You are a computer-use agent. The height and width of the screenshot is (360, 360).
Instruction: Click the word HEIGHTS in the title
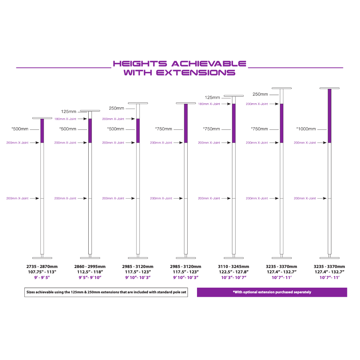click(x=140, y=64)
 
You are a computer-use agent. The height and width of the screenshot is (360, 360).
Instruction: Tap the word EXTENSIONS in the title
click(x=196, y=73)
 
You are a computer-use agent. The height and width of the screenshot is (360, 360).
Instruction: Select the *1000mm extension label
click(x=306, y=129)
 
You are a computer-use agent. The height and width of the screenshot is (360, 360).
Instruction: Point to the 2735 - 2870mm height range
click(x=42, y=267)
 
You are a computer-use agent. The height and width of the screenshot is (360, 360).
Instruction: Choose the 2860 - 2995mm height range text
click(x=90, y=267)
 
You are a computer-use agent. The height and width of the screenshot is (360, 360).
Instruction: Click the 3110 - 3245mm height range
click(x=233, y=267)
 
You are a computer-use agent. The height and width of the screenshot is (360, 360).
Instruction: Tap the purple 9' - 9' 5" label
click(x=42, y=278)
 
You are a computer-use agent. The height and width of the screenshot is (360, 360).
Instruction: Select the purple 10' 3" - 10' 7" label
click(x=234, y=278)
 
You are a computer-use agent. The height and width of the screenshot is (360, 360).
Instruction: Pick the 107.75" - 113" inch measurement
click(x=42, y=272)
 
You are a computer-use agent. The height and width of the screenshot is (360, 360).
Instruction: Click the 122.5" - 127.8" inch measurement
click(x=234, y=272)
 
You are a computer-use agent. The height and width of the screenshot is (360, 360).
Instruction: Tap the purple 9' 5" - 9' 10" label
click(x=90, y=278)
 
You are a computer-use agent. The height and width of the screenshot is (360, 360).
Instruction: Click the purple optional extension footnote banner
click(x=272, y=292)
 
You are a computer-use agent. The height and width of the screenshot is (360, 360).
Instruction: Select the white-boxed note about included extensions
click(x=106, y=292)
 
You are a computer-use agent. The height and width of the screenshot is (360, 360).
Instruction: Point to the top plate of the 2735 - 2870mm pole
click(x=42, y=118)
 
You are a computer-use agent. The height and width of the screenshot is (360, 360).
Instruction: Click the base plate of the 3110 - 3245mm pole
click(x=234, y=258)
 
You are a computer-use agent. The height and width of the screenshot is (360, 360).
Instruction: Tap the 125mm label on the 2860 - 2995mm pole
click(x=69, y=112)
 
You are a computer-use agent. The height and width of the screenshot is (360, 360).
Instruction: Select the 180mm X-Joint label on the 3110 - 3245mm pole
click(x=209, y=104)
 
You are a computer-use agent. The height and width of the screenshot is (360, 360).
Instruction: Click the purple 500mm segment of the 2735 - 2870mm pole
click(x=42, y=131)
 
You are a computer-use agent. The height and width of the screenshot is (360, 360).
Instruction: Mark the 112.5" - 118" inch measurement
click(x=90, y=272)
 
